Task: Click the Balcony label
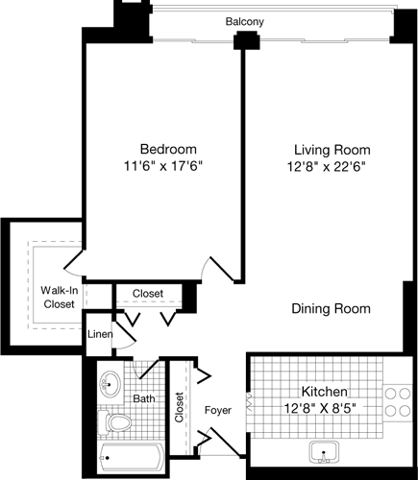point(245,21)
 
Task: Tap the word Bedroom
point(168,149)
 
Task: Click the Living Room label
point(332,150)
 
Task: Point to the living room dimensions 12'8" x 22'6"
point(332,166)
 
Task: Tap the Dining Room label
point(332,308)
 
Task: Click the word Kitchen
point(324,392)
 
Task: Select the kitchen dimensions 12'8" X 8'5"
point(324,408)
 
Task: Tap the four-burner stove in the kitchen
point(396,404)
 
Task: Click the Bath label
point(144,398)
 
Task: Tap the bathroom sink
point(112,381)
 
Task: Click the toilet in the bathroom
point(115,422)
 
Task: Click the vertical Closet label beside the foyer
point(179,408)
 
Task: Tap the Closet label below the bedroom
point(147,293)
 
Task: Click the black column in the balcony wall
point(246,41)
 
